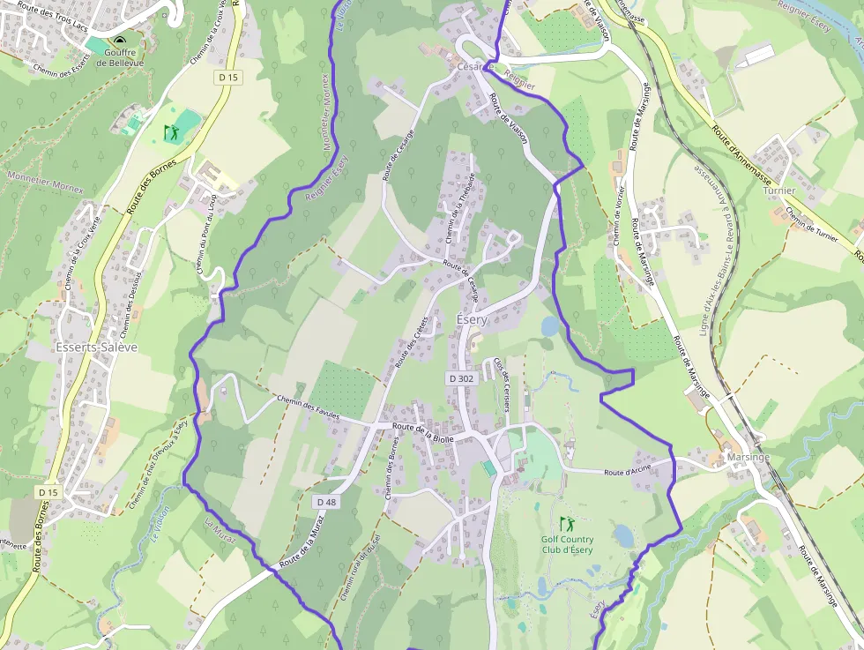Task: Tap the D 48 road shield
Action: point(325,501)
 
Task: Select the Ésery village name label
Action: point(471,319)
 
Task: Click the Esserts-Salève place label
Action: point(97,347)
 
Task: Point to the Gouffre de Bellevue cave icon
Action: point(119,41)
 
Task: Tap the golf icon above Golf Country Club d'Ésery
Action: point(566,524)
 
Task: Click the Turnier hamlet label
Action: point(779,191)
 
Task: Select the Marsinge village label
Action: point(748,458)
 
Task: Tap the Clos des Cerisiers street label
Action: point(502,384)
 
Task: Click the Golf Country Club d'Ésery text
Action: point(567,544)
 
